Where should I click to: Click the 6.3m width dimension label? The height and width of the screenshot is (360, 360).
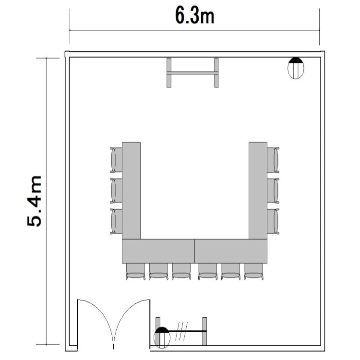point(195,16)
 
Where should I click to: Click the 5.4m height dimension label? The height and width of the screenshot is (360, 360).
point(35,201)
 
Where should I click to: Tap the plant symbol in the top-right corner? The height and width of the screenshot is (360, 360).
point(296,68)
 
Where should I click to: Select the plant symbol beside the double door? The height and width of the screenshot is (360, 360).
point(162,337)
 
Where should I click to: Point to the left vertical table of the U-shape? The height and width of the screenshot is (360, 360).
point(131,191)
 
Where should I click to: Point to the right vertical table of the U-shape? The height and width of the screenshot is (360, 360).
point(258,191)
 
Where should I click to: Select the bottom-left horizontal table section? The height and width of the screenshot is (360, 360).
point(158,251)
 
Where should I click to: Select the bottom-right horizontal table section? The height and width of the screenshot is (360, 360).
point(231,251)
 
